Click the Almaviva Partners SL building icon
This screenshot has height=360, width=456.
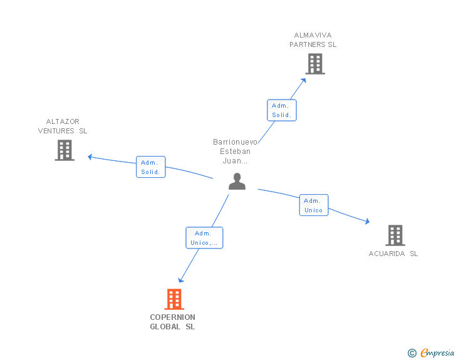315,64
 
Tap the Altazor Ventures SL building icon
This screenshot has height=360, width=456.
65,150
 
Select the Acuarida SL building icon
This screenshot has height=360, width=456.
395,235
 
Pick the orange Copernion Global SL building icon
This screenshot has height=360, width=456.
174,299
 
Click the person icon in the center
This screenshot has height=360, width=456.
237,182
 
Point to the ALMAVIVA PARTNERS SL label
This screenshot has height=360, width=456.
313,40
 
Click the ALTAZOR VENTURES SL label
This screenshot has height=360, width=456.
63,126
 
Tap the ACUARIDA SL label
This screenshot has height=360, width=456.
393,254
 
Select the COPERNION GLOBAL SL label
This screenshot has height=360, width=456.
172,322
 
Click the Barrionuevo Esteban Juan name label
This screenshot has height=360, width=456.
235,152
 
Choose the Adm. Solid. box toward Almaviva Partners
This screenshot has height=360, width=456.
281,110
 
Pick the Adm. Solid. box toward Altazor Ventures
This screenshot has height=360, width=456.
150,167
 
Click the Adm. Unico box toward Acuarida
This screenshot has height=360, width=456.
313,205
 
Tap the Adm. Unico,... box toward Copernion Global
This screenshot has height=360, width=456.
204,238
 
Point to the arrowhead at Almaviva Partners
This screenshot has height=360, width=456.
304,80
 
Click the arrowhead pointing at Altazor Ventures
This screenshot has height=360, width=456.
90,157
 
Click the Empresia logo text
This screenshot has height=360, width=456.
437,353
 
